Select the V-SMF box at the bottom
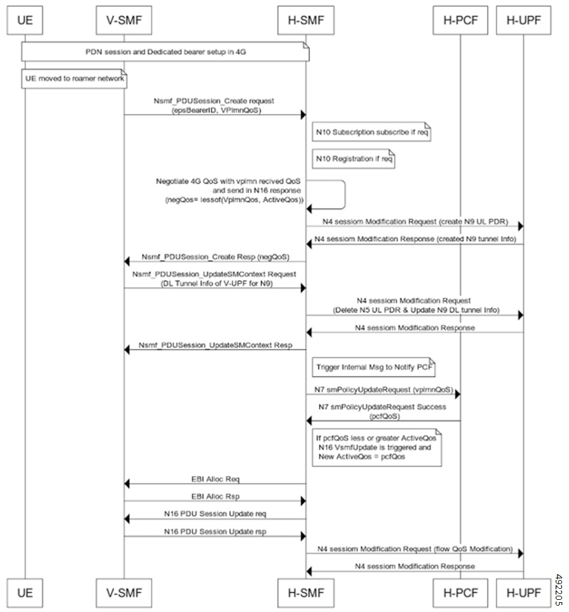(123, 593)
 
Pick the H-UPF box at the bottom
(523, 593)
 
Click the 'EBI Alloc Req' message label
(216, 479)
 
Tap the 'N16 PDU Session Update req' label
(216, 514)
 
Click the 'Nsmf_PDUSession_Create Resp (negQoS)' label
(215, 256)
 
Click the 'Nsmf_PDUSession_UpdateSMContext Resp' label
(215, 345)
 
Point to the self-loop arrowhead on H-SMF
(310, 208)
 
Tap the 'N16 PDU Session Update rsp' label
(216, 531)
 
